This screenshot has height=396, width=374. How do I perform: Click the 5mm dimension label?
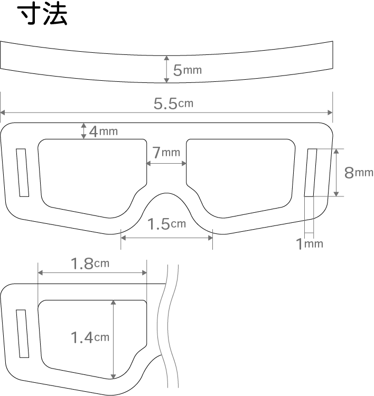[x=187, y=70]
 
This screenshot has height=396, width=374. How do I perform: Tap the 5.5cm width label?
[x=173, y=103]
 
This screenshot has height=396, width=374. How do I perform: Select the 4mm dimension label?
[x=104, y=131]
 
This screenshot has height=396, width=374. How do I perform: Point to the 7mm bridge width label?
[x=166, y=152]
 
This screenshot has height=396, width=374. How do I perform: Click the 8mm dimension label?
[x=359, y=173]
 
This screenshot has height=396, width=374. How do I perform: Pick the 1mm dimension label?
[x=310, y=244]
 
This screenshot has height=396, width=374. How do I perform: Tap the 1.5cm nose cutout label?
[x=166, y=224]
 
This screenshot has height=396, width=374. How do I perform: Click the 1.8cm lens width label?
[x=90, y=263]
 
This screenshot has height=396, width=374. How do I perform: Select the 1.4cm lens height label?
[x=90, y=337]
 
